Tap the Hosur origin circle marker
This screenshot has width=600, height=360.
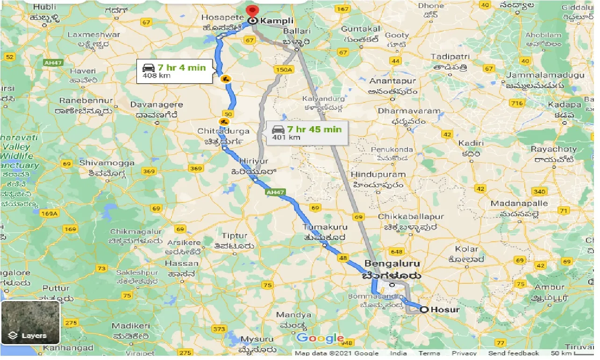[424, 309]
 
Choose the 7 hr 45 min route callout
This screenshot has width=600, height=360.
[308, 133]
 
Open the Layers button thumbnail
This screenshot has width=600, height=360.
[30, 323]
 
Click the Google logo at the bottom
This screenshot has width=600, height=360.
[320, 338]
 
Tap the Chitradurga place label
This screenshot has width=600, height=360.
[224, 131]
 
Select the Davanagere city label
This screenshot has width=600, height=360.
[155, 104]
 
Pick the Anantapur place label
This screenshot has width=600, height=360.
[393, 80]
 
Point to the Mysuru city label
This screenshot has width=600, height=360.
[257, 339]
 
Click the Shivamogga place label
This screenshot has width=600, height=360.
[107, 163]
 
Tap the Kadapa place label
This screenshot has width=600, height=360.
[564, 104]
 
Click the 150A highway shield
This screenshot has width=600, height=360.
[283, 70]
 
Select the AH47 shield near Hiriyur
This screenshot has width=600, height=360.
[274, 192]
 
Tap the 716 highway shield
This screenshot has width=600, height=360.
[517, 103]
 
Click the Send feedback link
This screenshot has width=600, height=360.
[513, 353]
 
